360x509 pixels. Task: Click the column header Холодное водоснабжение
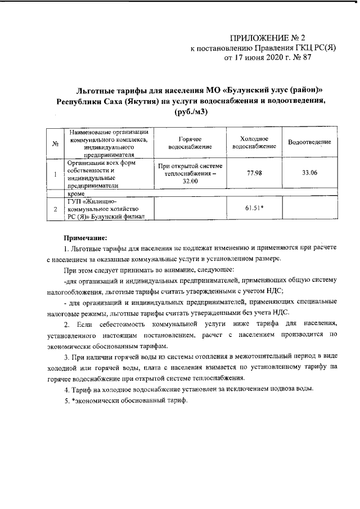[254, 143]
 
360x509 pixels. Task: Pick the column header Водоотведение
[309, 143]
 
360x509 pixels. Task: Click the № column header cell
[56, 143]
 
